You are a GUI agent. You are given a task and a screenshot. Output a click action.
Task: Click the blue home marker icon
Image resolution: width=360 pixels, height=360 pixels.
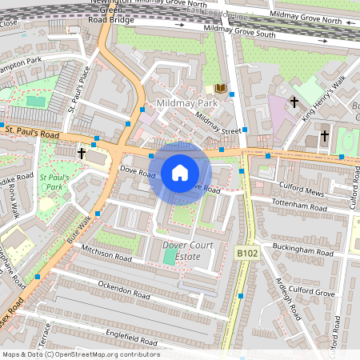[x=180, y=172]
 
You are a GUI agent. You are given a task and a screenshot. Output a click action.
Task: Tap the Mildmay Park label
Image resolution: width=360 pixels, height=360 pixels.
[x=187, y=105]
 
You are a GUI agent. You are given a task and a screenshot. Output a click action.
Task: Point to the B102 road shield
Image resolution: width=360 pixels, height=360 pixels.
[x=248, y=253]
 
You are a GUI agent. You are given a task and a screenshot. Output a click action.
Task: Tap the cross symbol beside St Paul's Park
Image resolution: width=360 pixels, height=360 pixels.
[x=81, y=152]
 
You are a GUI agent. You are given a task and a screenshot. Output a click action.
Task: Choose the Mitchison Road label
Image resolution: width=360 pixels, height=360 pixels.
[x=106, y=254]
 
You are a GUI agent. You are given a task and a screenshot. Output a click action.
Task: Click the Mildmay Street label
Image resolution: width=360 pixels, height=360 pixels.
[x=218, y=123]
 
